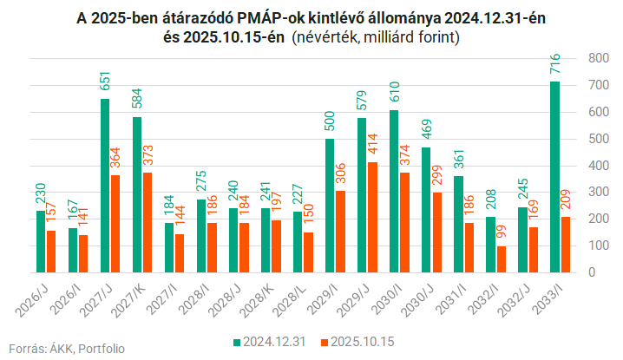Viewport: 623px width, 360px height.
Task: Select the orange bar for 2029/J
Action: [371, 217]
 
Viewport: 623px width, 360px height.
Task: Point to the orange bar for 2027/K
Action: [147, 222]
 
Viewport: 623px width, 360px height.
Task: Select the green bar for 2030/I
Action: [394, 191]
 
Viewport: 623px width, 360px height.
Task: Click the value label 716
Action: [555, 68]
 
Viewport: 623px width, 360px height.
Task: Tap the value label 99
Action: [502, 234]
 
